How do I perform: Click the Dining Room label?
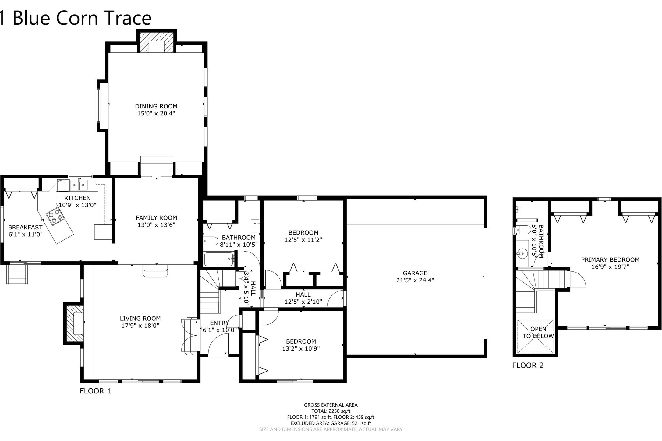coord(156,106)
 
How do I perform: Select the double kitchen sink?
coord(79,185)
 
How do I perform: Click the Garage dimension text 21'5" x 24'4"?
coord(415,280)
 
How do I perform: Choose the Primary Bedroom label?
coord(610,260)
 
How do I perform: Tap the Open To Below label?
coord(538,333)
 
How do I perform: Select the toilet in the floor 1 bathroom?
coord(211,241)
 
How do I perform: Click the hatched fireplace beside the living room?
coord(74,323)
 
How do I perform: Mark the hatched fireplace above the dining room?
coord(157,41)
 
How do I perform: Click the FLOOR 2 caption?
coord(528,365)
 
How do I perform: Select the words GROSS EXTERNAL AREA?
coord(331,405)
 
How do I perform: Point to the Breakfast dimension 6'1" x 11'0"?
coord(25,234)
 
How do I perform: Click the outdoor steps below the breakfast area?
coord(17,274)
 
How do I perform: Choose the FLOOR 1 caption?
coord(95,391)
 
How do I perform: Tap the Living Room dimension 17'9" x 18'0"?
coord(140,326)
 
